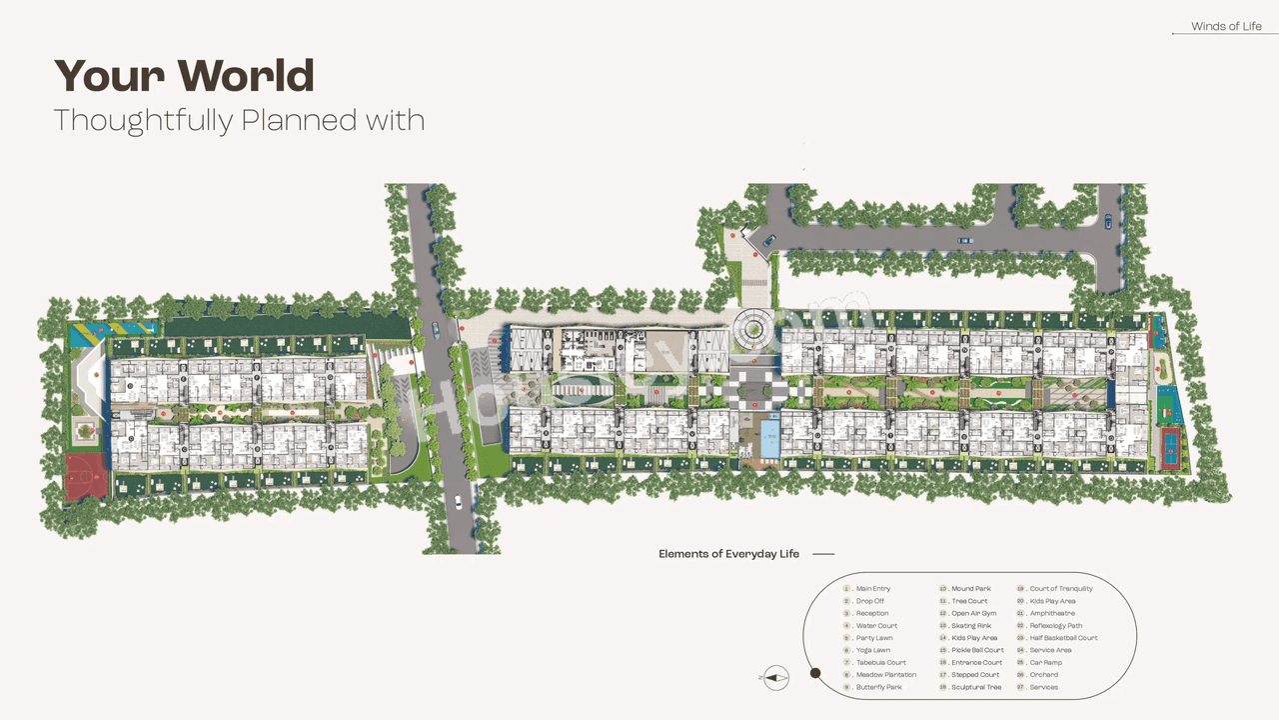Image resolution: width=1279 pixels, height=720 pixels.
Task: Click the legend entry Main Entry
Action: pos(872,589)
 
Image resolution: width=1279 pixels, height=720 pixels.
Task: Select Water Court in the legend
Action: pos(876,626)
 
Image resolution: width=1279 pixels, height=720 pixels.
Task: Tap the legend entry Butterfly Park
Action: pos(878,687)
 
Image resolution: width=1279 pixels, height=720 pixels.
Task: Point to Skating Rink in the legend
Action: pos(970,626)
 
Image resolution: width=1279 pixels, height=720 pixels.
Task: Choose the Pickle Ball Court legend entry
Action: pos(977,650)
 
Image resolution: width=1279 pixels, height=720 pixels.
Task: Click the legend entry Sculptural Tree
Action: pos(975,687)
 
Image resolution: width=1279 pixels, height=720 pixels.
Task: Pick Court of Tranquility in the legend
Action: pos(1060,589)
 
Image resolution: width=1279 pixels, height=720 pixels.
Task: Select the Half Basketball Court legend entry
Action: pos(1063,638)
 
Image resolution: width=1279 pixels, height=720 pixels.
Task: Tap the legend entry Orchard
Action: pos(1043,675)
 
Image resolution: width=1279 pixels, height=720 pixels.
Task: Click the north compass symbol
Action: pos(776,677)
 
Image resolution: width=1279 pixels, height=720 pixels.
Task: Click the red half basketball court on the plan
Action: pos(87,476)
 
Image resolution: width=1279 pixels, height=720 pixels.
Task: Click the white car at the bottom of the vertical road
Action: pos(458,503)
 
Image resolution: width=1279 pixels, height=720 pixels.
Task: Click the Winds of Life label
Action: pos(1226,27)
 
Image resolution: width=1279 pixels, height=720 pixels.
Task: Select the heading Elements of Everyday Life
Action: pos(728,554)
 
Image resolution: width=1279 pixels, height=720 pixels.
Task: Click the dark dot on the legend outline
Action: pos(815,674)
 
